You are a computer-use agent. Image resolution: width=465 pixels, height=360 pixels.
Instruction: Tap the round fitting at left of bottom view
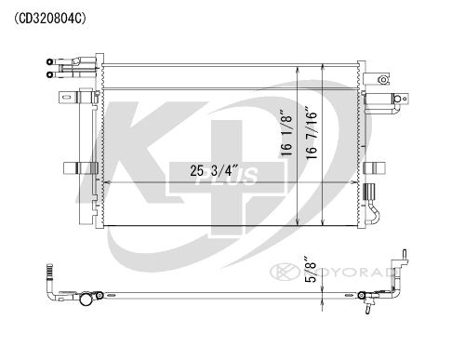click(x=86, y=300)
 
